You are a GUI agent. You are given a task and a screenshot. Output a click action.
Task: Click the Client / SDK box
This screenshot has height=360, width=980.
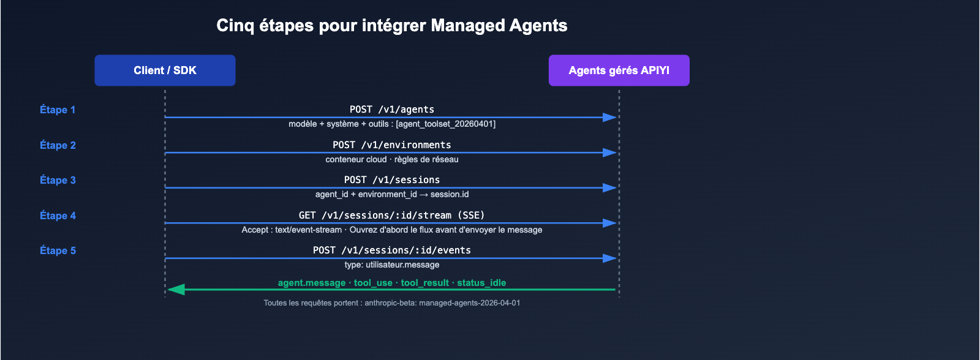pyautogui.click(x=165, y=70)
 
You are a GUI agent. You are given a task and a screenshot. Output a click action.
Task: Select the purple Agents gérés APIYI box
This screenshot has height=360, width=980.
pyautogui.click(x=619, y=70)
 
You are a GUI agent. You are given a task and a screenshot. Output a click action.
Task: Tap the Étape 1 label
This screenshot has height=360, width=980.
pyautogui.click(x=58, y=110)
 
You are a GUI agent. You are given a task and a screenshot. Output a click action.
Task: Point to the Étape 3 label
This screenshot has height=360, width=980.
pyautogui.click(x=58, y=180)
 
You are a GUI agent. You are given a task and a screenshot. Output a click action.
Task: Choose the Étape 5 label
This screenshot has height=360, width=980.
pyautogui.click(x=58, y=250)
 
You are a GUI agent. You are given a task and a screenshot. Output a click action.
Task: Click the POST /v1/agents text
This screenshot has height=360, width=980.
pyautogui.click(x=392, y=109)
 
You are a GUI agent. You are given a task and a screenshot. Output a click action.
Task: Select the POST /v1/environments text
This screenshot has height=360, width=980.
pyautogui.click(x=392, y=144)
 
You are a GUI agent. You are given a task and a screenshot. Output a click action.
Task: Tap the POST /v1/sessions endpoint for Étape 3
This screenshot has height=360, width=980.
pyautogui.click(x=392, y=179)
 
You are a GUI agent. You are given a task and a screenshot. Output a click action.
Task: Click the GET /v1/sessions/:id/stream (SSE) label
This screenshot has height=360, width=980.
pyautogui.click(x=392, y=215)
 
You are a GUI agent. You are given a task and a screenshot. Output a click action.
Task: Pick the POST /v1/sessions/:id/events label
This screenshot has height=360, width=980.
pyautogui.click(x=392, y=250)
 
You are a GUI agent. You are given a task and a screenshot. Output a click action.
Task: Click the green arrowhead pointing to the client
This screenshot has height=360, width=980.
pyautogui.click(x=176, y=289)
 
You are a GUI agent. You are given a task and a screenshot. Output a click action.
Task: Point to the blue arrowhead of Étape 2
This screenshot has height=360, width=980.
pyautogui.click(x=609, y=152)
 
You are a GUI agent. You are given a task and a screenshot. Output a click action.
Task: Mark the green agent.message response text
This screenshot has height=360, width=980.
pyautogui.click(x=312, y=283)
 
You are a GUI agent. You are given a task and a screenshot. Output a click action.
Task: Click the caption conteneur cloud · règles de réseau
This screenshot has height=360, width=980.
pyautogui.click(x=392, y=159)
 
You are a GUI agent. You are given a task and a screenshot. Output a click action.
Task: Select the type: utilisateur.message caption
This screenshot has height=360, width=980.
pyautogui.click(x=392, y=264)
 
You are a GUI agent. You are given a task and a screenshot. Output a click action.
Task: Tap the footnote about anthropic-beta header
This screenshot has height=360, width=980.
pyautogui.click(x=392, y=302)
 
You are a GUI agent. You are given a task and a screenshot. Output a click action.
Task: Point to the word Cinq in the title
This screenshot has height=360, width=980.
pyautogui.click(x=235, y=25)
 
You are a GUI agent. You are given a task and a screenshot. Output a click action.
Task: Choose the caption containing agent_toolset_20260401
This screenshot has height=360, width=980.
pyautogui.click(x=392, y=124)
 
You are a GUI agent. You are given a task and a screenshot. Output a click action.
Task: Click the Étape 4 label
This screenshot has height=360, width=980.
pyautogui.click(x=58, y=216)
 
